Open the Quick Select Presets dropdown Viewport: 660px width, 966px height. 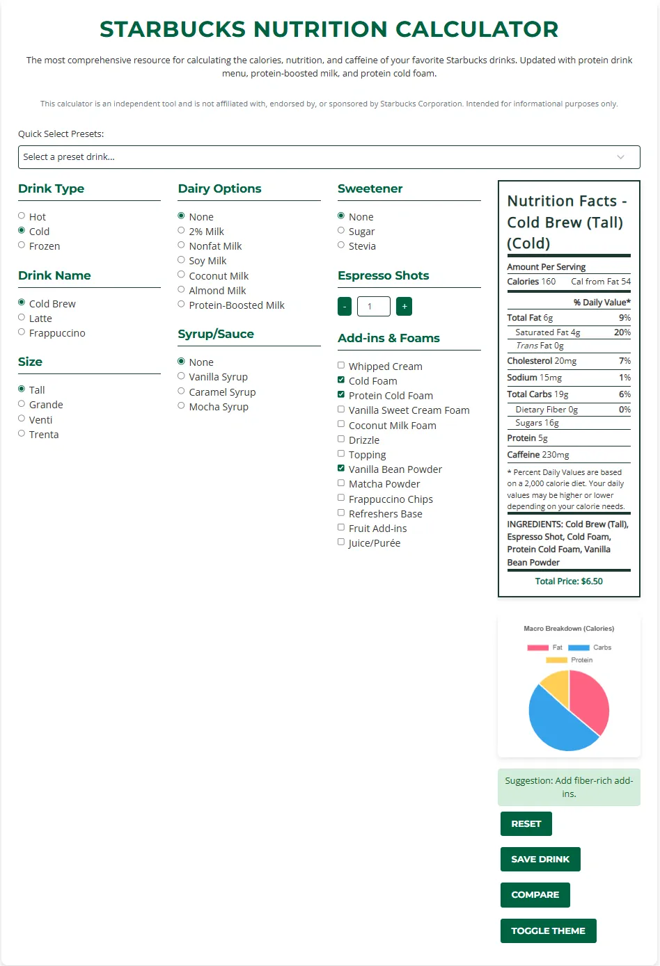[329, 157]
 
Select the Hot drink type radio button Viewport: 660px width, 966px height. [22, 216]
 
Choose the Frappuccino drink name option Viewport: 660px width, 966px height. [22, 332]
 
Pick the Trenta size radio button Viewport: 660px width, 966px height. [22, 434]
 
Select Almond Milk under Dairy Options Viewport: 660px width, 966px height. [182, 290]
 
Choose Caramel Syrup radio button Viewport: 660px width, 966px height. [182, 392]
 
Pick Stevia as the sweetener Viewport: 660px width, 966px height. [341, 245]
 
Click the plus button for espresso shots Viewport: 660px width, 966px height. [404, 306]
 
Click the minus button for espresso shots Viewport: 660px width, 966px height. [345, 306]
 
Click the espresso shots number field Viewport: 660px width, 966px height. [374, 306]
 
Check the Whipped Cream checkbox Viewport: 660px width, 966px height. [341, 366]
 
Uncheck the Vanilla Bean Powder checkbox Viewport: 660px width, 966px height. [341, 469]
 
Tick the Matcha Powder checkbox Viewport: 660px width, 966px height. [341, 483]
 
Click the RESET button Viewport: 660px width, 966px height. [526, 823]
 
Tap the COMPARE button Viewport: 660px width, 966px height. [535, 894]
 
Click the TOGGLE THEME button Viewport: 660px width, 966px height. [548, 931]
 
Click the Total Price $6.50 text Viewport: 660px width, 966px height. [569, 581]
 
